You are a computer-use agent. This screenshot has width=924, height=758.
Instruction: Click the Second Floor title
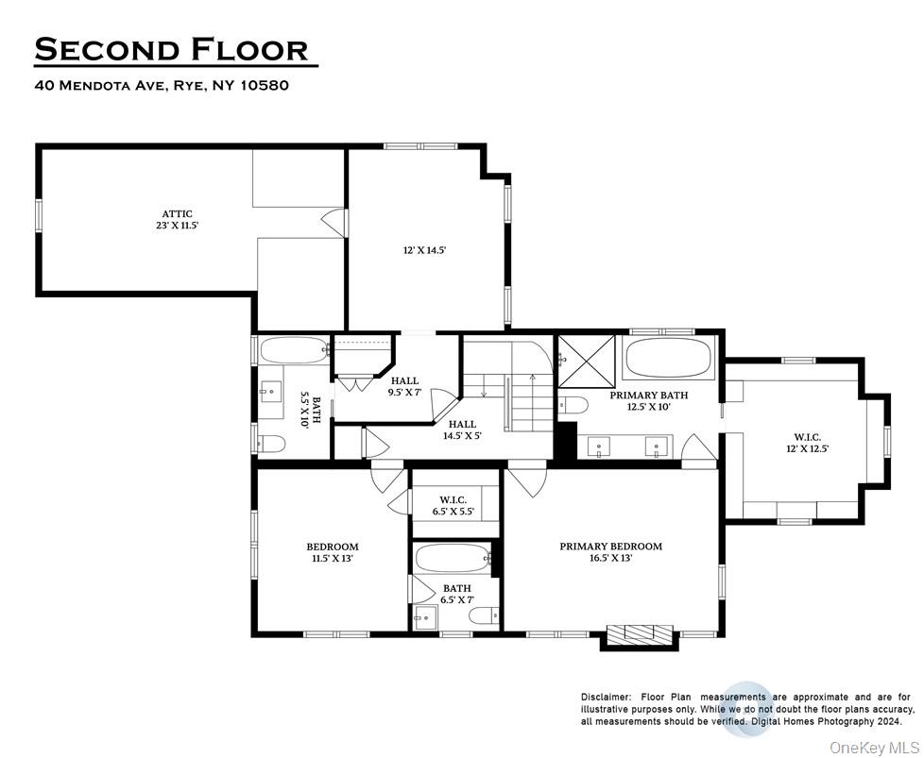[171, 49]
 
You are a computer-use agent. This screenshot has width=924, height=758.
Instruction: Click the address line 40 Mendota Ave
[161, 85]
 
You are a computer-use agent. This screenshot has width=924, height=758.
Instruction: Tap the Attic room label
[177, 220]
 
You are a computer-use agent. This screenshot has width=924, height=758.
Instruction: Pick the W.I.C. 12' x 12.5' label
[808, 443]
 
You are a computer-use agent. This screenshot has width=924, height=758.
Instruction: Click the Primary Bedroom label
[610, 551]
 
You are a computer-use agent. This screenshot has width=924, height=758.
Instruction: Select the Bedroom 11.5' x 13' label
[332, 551]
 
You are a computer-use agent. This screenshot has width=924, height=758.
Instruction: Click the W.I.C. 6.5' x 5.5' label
[453, 505]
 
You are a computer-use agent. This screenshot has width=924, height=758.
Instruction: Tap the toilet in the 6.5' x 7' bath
[483, 616]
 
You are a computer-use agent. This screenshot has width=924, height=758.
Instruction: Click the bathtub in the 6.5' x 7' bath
[453, 558]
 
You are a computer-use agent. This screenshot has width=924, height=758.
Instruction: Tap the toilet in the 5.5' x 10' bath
[271, 444]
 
